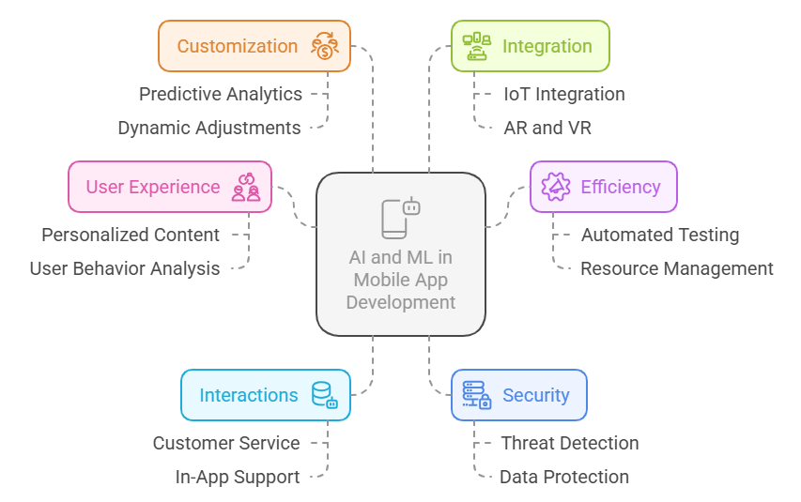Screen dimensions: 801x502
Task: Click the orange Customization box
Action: click(x=254, y=46)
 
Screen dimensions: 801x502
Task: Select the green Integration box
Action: click(x=531, y=46)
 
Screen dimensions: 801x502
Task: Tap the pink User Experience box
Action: click(x=170, y=187)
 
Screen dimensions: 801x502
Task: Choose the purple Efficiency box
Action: click(x=603, y=187)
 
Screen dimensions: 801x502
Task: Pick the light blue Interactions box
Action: click(x=266, y=395)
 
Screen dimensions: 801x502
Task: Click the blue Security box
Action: click(x=519, y=395)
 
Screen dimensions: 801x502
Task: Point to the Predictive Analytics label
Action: click(x=221, y=95)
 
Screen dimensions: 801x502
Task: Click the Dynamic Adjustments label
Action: click(x=209, y=129)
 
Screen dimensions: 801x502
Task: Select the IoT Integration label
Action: click(x=564, y=95)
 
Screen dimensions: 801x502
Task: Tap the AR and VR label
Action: click(x=547, y=129)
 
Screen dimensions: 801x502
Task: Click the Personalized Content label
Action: click(x=131, y=235)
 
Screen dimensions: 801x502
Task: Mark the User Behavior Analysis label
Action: click(x=125, y=269)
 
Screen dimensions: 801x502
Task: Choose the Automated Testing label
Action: click(x=660, y=235)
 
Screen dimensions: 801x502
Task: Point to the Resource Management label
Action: click(x=677, y=269)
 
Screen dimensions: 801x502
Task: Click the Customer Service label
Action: click(x=226, y=443)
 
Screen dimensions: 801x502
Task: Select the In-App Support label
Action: click(x=238, y=478)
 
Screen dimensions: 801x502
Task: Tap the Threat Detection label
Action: click(x=570, y=443)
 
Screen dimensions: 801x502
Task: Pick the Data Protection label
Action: click(x=564, y=477)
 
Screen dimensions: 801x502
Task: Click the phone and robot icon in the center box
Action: click(x=401, y=218)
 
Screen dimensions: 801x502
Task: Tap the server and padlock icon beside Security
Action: click(x=477, y=395)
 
